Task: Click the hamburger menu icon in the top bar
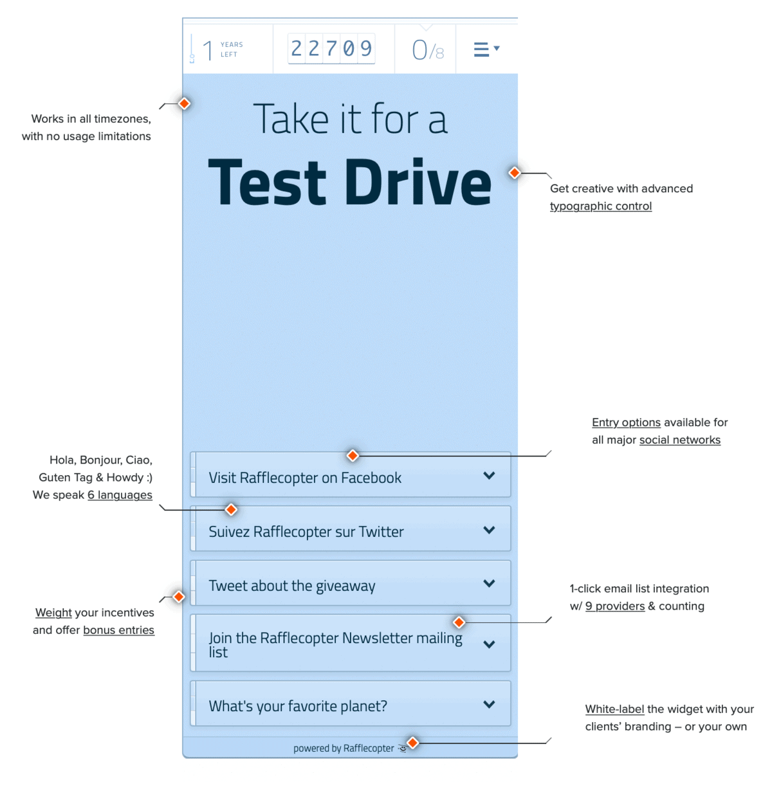pos(481,50)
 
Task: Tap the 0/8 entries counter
pos(427,50)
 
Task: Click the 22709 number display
pos(331,48)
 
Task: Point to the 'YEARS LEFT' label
pos(232,50)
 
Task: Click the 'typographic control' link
pos(600,206)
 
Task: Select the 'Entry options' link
pos(626,422)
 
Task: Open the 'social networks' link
pos(679,440)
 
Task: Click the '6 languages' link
pos(120,495)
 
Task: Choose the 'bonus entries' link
pos(118,630)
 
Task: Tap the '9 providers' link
pos(614,606)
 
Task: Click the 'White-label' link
pos(614,709)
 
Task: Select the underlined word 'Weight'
pos(53,613)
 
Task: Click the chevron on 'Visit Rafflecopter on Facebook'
pos(489,476)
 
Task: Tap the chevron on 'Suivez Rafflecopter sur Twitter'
pos(489,530)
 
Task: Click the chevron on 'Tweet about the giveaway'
pos(489,584)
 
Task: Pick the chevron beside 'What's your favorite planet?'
pos(489,705)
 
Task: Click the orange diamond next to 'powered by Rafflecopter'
pos(413,743)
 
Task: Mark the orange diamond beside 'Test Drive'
pos(515,173)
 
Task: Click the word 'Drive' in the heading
pos(418,183)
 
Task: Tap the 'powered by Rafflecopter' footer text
pos(344,748)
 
